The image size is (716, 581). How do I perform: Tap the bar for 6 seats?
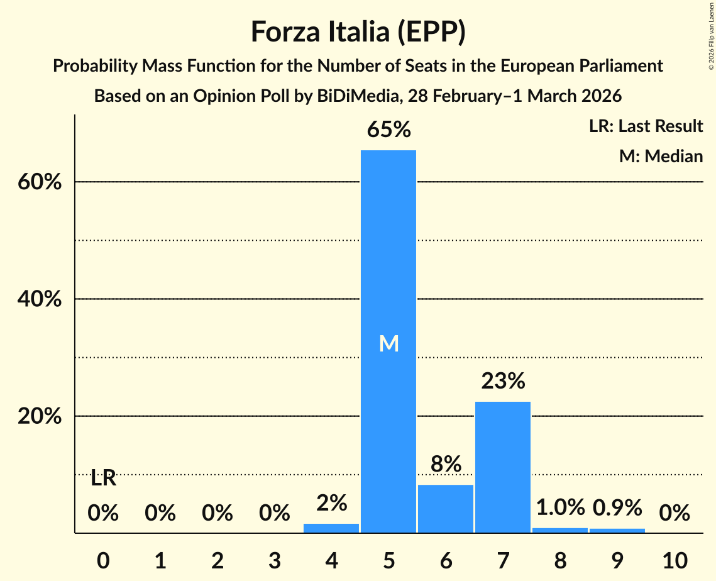point(446,509)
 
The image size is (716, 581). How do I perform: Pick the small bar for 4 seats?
point(331,528)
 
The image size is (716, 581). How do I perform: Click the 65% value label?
point(388,130)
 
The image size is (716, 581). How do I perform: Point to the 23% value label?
point(503,381)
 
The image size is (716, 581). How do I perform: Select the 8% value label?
point(446,465)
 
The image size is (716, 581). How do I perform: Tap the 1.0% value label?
point(560,507)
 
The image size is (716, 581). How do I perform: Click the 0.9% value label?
point(617,507)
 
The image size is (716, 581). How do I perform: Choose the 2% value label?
point(331,503)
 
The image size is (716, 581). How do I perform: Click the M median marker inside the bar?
point(388,343)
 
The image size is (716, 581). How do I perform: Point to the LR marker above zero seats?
point(103,479)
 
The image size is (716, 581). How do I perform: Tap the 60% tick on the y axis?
point(39,182)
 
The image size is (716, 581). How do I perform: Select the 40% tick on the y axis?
point(39,299)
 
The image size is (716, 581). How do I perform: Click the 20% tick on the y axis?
point(39,416)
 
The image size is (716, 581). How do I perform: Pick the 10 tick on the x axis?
point(675,558)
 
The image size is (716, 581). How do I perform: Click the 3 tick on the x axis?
point(274,558)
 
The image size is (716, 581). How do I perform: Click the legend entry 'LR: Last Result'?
point(646,126)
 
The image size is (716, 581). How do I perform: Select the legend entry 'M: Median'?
point(661,156)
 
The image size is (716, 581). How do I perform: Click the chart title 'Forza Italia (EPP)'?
point(358,31)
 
